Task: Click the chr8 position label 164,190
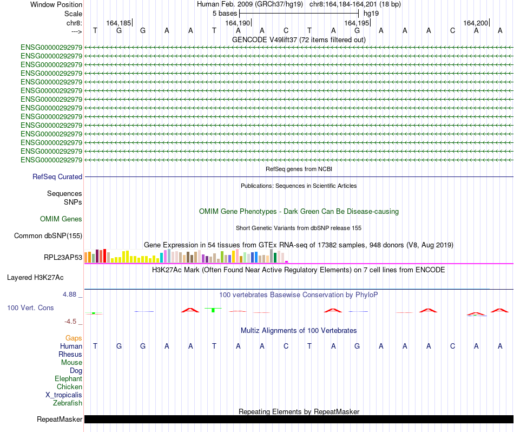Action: coord(238,23)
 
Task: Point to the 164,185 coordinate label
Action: coord(118,23)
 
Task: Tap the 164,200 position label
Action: coord(476,23)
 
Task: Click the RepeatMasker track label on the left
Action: coord(60,420)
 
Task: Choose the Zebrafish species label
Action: coord(68,403)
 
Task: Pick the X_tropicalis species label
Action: coord(64,395)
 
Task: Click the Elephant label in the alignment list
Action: coord(68,379)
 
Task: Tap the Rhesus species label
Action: coord(70,355)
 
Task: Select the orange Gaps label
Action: coord(74,338)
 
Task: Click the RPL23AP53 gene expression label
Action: coord(63,258)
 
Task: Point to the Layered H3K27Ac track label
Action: coord(35,278)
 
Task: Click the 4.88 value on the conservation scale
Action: coord(71,294)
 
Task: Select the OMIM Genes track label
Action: coord(61,219)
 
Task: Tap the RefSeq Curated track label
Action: coord(57,177)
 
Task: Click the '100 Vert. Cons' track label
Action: coord(30,308)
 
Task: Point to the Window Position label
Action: coord(56,5)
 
